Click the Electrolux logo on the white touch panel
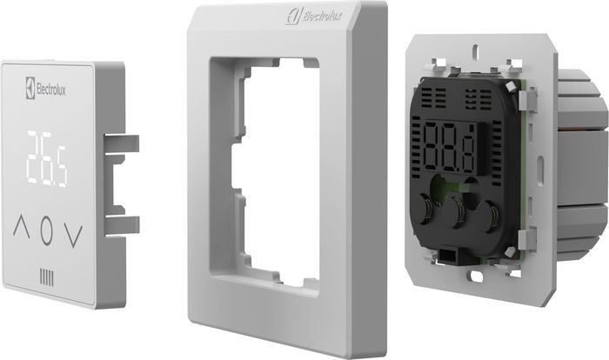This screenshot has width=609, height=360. (45, 88)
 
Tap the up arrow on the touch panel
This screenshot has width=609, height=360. (22, 227)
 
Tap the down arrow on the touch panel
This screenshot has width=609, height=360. (74, 237)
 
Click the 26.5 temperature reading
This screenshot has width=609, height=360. (47, 158)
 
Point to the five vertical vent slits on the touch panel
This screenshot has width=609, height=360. (47, 277)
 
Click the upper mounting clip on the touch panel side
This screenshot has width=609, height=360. (122, 144)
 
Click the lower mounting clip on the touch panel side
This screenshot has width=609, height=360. (122, 225)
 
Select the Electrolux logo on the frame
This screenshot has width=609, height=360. (315, 16)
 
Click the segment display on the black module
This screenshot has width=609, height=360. (450, 147)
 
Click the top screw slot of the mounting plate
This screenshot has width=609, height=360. (474, 50)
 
